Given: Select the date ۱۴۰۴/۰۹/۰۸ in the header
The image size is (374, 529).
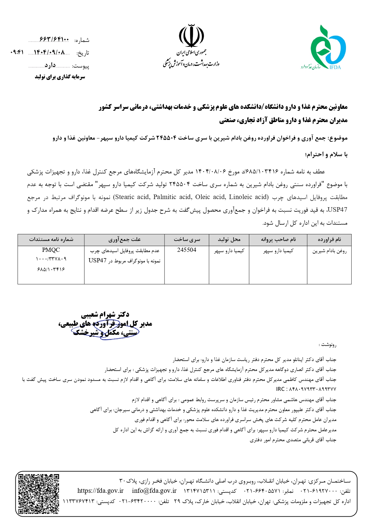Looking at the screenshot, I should tap(49, 52).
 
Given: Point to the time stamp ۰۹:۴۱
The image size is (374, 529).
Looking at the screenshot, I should tap(17, 52).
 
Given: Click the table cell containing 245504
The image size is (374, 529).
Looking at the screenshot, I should tap(187, 250).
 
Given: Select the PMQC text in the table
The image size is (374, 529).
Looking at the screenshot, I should tap(51, 250).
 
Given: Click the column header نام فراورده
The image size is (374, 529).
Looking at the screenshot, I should tap(329, 240).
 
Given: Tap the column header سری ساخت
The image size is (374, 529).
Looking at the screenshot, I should tap(187, 240).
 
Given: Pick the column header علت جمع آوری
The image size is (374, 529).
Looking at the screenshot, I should tap(124, 240).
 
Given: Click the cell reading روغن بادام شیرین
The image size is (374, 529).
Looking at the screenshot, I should tap(329, 251).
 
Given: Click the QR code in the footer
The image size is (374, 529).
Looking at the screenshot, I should tap(39, 494).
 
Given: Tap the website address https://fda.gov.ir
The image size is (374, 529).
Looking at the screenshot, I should tap(100, 491).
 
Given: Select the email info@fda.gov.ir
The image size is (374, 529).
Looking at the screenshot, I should tap(154, 491).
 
